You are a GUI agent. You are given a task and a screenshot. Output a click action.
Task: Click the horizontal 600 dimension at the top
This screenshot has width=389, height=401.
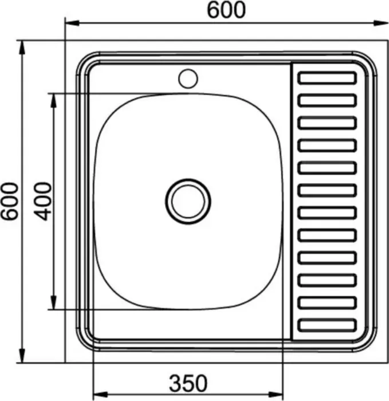coord(226,10)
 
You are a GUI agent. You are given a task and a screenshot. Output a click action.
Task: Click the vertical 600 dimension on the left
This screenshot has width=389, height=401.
coord(10,201)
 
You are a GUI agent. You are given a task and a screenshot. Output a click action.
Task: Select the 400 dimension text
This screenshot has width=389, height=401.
coord(43,201)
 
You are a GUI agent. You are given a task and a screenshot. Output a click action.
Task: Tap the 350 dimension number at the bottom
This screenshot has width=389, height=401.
coord(188,383)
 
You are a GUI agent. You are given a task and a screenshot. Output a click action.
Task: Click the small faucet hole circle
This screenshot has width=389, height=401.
coord(188,78)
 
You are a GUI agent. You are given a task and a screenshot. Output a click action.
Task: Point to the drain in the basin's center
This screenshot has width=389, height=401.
coord(188,201)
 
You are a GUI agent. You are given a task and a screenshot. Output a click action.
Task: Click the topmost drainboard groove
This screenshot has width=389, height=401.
coord(327,78)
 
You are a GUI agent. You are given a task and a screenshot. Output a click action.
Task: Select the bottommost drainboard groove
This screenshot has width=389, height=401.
coord(327,325)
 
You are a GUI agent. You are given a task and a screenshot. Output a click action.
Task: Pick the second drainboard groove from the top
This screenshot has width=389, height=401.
coord(327,100)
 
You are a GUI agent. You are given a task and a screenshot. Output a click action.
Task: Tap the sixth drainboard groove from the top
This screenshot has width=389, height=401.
coord(327,191)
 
